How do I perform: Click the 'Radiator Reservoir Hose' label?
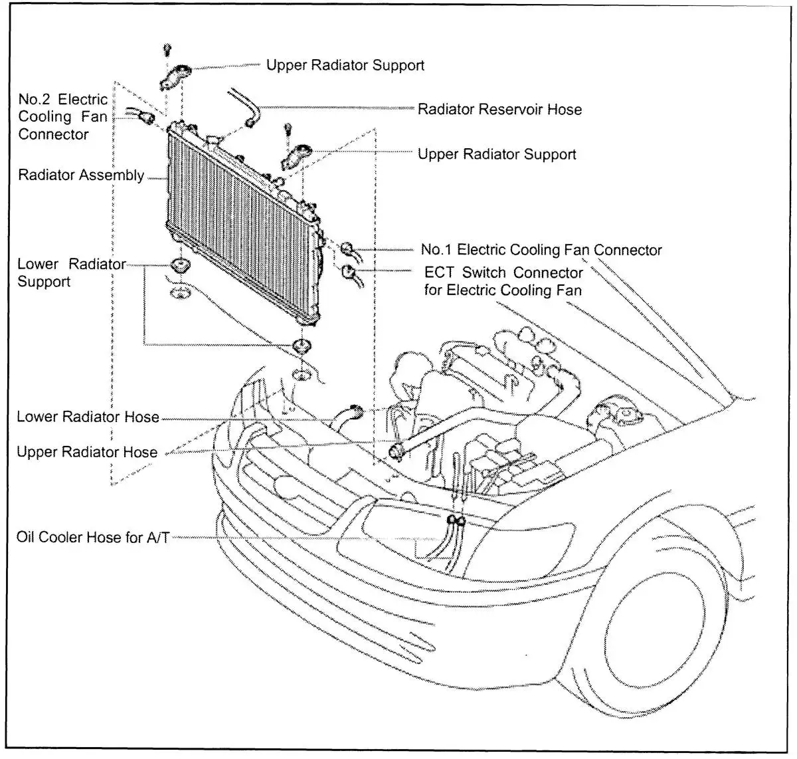tap(499, 110)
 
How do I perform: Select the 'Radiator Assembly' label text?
tap(81, 176)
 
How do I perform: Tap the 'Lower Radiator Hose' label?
tap(88, 417)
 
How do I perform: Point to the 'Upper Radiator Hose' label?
tap(87, 453)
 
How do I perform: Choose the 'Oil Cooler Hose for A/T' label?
tap(92, 537)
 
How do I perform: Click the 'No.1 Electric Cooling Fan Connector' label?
tap(541, 251)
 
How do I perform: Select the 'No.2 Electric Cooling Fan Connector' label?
tap(62, 117)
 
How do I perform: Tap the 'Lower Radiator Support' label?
tap(71, 273)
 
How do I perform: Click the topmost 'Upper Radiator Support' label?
tap(345, 65)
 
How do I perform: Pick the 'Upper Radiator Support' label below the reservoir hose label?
tap(497, 154)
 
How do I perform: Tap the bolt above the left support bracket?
tap(168, 49)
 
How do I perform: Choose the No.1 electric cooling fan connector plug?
tap(347, 250)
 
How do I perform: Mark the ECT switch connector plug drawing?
tap(347, 271)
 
